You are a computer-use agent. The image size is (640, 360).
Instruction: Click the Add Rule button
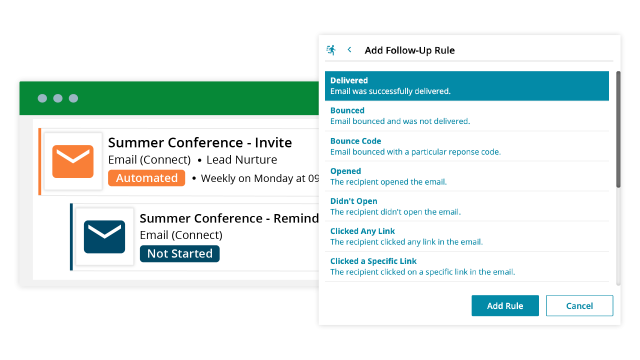coord(505,305)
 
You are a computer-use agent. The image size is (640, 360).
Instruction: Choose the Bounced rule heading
coord(347,110)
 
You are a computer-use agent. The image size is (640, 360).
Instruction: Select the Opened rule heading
coord(345,171)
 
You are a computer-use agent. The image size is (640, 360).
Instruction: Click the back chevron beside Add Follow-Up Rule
coord(349,49)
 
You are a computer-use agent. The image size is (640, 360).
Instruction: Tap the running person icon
coord(331,50)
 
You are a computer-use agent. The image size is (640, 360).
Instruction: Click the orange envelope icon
coord(73,161)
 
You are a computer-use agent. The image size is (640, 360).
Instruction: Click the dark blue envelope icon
coord(104,237)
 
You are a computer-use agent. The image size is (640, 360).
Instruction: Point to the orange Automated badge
coord(146,178)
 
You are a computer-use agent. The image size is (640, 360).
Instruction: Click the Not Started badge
coord(179,253)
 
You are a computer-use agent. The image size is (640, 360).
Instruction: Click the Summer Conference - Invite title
coord(200,142)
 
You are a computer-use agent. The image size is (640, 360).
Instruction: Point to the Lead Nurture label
coord(241,159)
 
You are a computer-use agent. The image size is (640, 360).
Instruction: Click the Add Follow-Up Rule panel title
coord(409,50)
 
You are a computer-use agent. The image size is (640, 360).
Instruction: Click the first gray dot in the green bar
coord(42,98)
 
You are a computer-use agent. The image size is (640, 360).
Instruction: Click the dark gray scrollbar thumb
coord(618,129)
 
